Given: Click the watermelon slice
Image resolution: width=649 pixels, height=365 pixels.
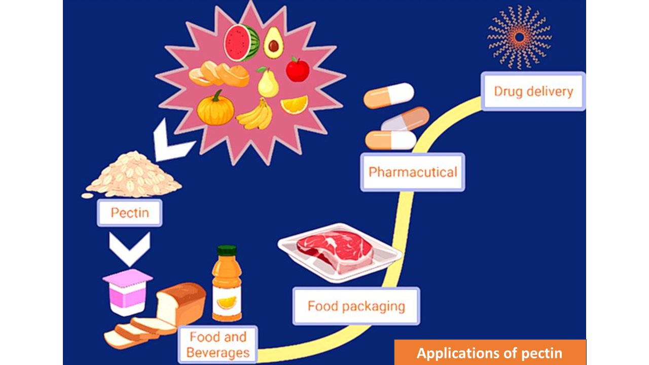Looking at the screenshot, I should click(x=241, y=43).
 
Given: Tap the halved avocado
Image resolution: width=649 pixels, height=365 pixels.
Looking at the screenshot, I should click(x=273, y=43).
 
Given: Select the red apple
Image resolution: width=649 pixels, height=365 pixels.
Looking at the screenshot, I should click(x=298, y=69).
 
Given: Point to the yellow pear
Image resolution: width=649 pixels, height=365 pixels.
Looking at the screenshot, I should click(x=268, y=83).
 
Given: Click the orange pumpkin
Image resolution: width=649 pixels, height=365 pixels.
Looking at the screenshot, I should click(x=215, y=109).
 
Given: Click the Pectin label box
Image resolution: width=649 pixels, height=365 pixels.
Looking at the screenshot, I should click(x=130, y=212).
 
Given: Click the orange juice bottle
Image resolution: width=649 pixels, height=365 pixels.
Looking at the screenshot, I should click(x=227, y=286).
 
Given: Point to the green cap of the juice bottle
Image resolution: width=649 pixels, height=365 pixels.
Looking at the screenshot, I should click(x=227, y=250).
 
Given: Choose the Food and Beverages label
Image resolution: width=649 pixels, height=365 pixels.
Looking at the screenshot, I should click(x=219, y=345).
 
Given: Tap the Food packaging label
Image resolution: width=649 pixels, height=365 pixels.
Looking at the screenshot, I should click(x=356, y=306).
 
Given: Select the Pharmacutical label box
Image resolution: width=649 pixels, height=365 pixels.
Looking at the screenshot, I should click(x=412, y=172).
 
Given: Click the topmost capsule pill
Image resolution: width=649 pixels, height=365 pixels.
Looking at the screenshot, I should click(x=389, y=96).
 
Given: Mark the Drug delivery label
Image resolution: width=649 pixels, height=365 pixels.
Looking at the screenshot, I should click(x=533, y=91).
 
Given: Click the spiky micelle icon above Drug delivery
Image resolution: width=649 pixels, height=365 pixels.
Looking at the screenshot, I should click(x=519, y=36).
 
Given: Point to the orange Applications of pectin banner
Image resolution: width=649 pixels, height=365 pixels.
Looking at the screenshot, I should click(x=490, y=352).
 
